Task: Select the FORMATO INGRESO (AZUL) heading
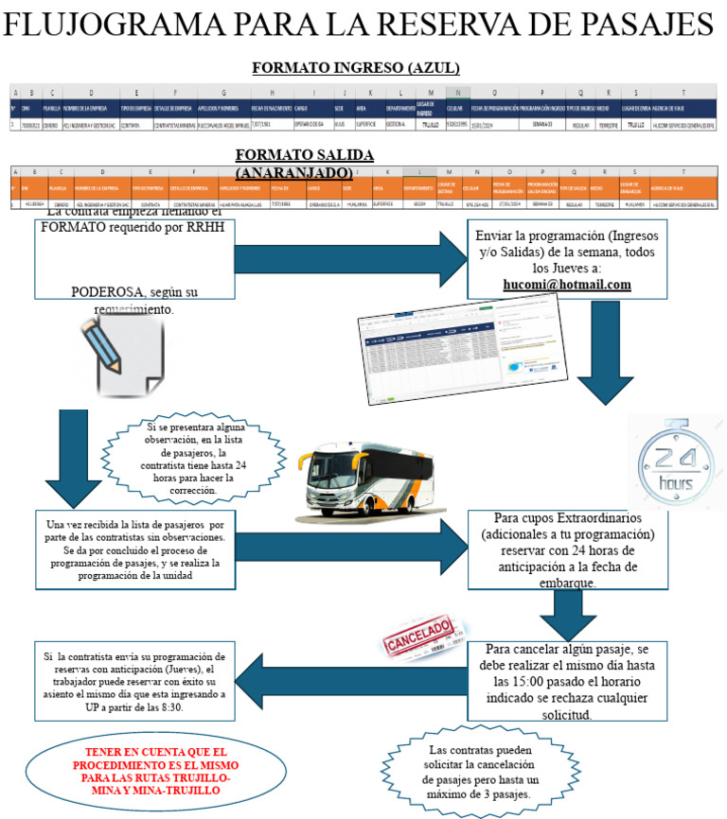[x=356, y=67]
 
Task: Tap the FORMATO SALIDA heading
[x=304, y=154]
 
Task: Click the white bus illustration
[x=351, y=485]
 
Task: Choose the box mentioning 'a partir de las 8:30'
[x=134, y=681]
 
